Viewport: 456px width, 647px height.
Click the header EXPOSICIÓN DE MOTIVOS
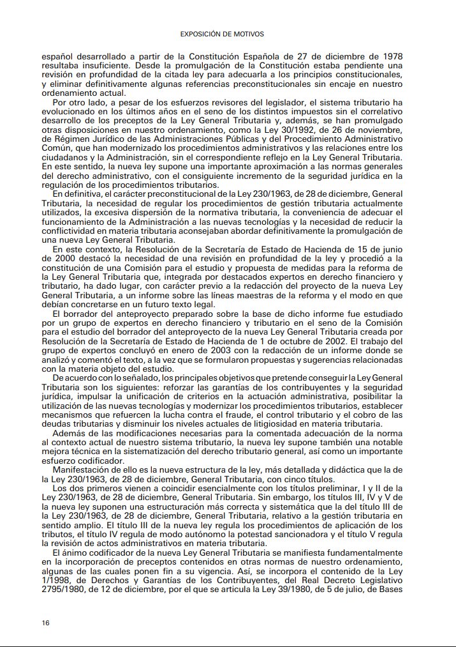pos(222,34)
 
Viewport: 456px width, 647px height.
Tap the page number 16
pos(46,623)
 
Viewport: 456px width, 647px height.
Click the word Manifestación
pos(84,470)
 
